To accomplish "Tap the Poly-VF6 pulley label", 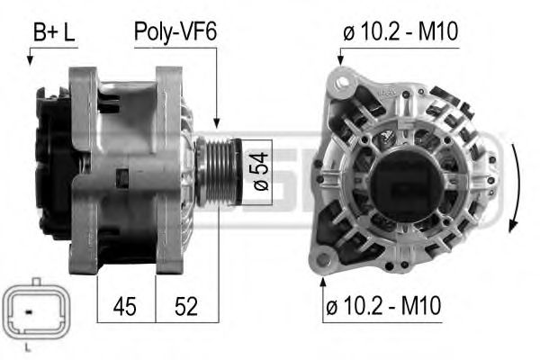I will point(175,34).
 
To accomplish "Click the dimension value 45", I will point(126,306).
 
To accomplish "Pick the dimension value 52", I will point(186,306).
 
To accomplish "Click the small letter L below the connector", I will point(32,346).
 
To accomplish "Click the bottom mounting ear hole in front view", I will point(325,261).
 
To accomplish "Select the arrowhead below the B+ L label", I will point(30,60).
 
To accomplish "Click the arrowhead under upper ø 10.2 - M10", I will point(340,60).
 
